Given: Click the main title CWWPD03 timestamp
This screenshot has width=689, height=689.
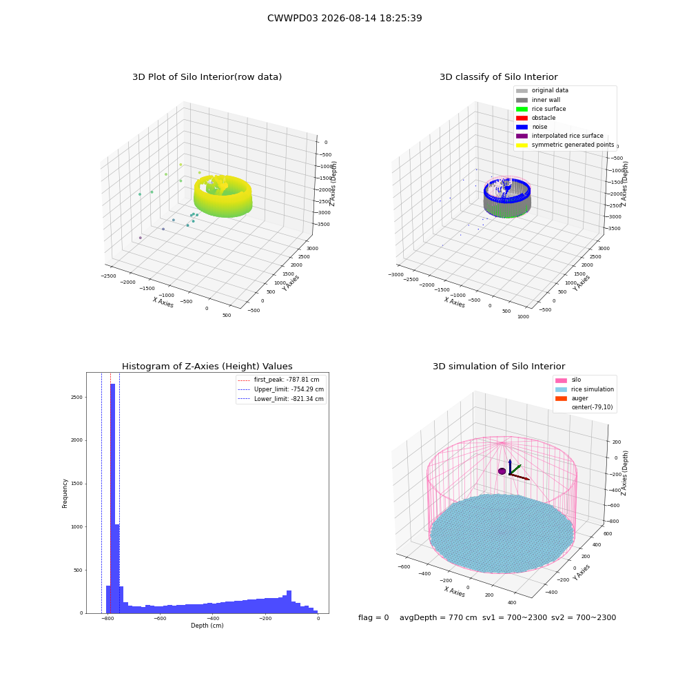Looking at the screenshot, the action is click(344, 18).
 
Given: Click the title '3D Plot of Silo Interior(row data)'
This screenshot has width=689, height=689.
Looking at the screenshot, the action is click(207, 77).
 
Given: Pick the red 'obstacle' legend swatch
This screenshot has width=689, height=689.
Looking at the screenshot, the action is click(522, 118).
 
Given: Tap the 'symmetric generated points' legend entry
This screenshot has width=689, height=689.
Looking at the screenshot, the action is click(565, 145).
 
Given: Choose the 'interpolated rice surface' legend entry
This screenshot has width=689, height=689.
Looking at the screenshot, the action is click(559, 136).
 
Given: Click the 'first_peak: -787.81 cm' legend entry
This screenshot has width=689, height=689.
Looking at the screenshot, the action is click(278, 380).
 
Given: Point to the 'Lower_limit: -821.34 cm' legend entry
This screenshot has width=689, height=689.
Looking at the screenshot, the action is click(281, 399).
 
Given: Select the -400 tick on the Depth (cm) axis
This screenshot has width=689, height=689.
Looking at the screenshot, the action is click(213, 618).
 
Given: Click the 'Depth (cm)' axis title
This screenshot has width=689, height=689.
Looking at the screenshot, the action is click(207, 626).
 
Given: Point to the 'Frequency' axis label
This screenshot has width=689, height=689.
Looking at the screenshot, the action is click(65, 493).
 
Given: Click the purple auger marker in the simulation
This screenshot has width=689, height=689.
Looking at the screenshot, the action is click(502, 471).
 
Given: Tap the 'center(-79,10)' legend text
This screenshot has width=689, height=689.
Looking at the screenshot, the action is click(592, 407).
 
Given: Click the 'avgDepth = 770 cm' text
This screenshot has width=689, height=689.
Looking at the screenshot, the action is click(438, 617).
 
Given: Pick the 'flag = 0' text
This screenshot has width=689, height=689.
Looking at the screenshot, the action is click(373, 617).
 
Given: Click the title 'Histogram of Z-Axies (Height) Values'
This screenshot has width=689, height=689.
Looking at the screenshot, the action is click(207, 367).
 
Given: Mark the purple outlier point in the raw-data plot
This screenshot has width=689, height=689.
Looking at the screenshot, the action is click(140, 238).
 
